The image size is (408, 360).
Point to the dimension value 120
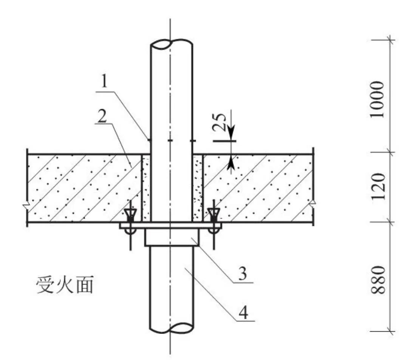377,187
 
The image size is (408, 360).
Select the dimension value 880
377,280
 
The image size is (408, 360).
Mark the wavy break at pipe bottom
172,328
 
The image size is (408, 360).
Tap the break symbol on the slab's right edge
313,204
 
